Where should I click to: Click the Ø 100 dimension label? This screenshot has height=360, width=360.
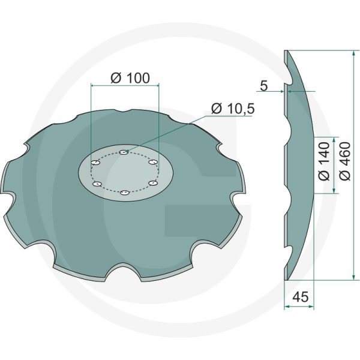pos(130,78)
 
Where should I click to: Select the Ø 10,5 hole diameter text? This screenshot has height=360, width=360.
pos(233,109)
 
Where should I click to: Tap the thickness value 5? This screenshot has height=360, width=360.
pos(264,86)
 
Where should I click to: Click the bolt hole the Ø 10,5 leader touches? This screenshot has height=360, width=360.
pos(122,152)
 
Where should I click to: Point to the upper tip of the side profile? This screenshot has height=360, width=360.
pos(286,51)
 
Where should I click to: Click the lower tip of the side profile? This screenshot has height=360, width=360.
pos(286,277)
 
